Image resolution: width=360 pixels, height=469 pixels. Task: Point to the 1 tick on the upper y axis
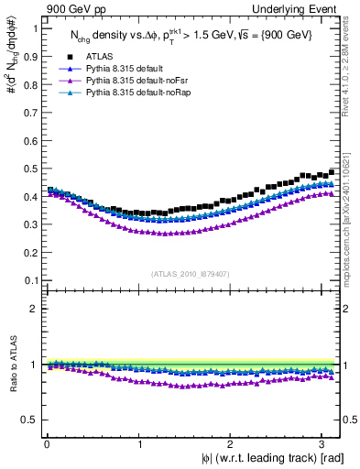(35, 27)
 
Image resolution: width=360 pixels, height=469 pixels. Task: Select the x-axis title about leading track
(272, 458)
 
